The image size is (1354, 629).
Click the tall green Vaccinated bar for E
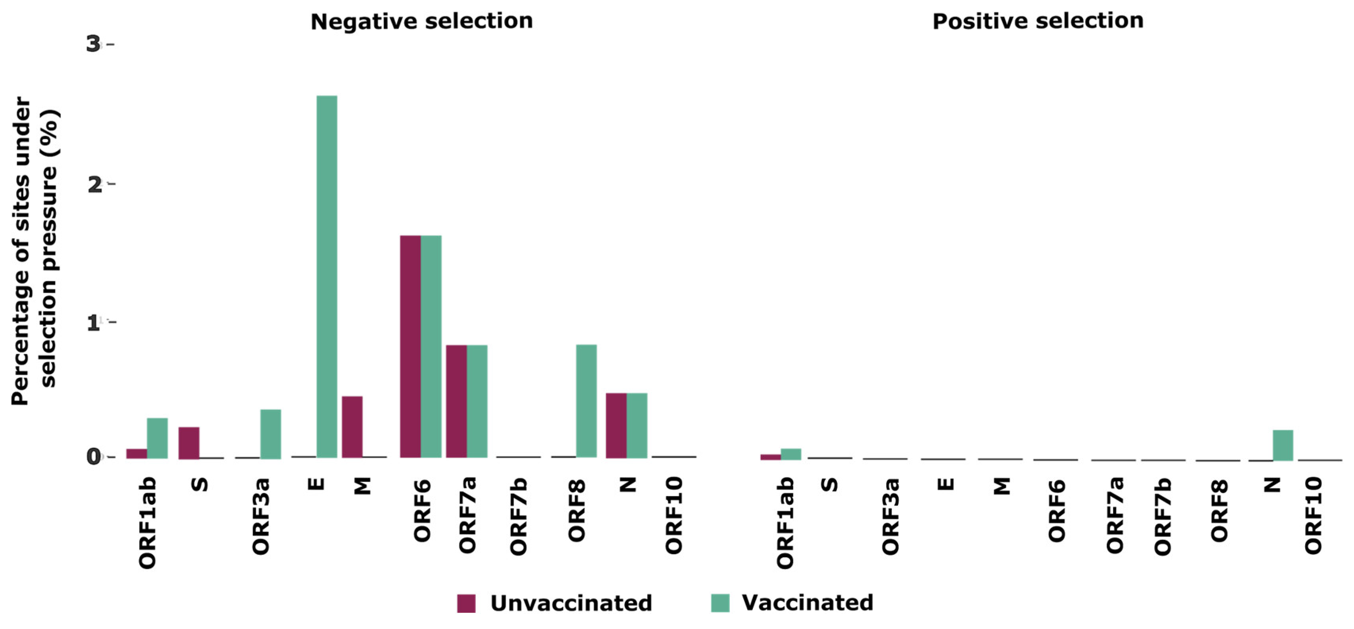pos(327,276)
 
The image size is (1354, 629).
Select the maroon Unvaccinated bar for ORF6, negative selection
pos(410,346)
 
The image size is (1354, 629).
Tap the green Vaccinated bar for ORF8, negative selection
pos(586,401)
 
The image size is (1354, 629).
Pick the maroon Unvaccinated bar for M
pos(352,426)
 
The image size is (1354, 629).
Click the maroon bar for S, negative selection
pos(189,443)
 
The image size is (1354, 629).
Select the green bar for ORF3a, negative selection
pos(271,433)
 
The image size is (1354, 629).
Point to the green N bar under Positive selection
pos(1283,445)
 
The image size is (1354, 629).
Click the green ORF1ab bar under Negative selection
pos(157,438)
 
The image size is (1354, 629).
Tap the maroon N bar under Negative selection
pos(616,425)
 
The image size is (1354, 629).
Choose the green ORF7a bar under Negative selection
pos(477,401)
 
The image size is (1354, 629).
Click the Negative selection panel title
pos(421,21)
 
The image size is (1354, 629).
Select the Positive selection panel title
pos(1038,21)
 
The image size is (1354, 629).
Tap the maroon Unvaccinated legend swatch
pos(466,603)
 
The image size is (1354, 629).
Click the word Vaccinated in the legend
pos(807,603)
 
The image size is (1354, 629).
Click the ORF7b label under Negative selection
pos(518,516)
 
